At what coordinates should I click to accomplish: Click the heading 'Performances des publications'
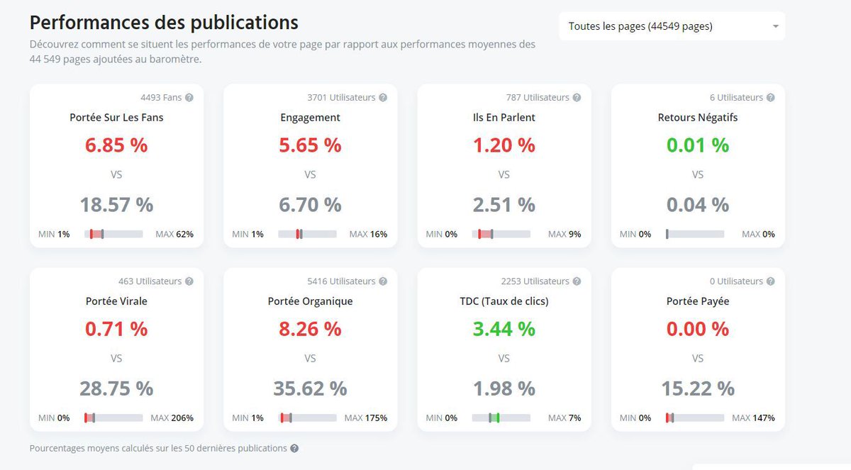pos(164,22)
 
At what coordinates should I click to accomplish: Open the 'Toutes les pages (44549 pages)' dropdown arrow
pos(775,26)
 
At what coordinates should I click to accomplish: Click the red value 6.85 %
pos(116,145)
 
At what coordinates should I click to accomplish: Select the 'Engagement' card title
pos(310,118)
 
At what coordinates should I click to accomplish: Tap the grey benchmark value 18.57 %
pos(116,205)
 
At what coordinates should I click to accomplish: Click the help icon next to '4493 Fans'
pos(189,98)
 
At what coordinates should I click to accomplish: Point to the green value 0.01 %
pos(697,145)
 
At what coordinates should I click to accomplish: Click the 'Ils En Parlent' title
pos(504,118)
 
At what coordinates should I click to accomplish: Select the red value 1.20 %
pos(504,145)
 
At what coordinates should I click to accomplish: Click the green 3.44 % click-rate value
pos(504,329)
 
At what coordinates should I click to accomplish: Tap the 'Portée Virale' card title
pos(116,301)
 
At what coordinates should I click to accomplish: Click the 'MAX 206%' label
pos(172,418)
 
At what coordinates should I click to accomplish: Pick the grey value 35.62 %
pos(310,388)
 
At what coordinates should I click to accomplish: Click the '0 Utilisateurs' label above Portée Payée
pos(736,281)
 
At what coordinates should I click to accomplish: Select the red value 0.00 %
pos(697,329)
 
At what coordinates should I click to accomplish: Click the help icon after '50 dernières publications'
pos(294,449)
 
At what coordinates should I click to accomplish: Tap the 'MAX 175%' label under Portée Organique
pos(366,418)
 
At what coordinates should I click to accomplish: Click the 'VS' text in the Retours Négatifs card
pos(697,174)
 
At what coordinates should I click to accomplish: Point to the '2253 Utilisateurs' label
pos(535,281)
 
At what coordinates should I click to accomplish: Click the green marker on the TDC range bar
pos(497,418)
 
